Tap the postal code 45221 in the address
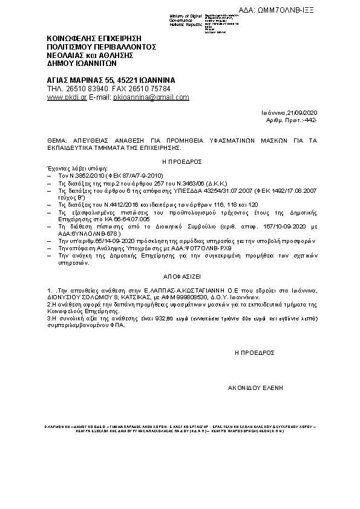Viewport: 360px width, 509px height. pyautogui.click(x=124, y=80)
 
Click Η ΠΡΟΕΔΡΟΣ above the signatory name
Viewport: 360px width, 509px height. pyautogui.click(x=254, y=351)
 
